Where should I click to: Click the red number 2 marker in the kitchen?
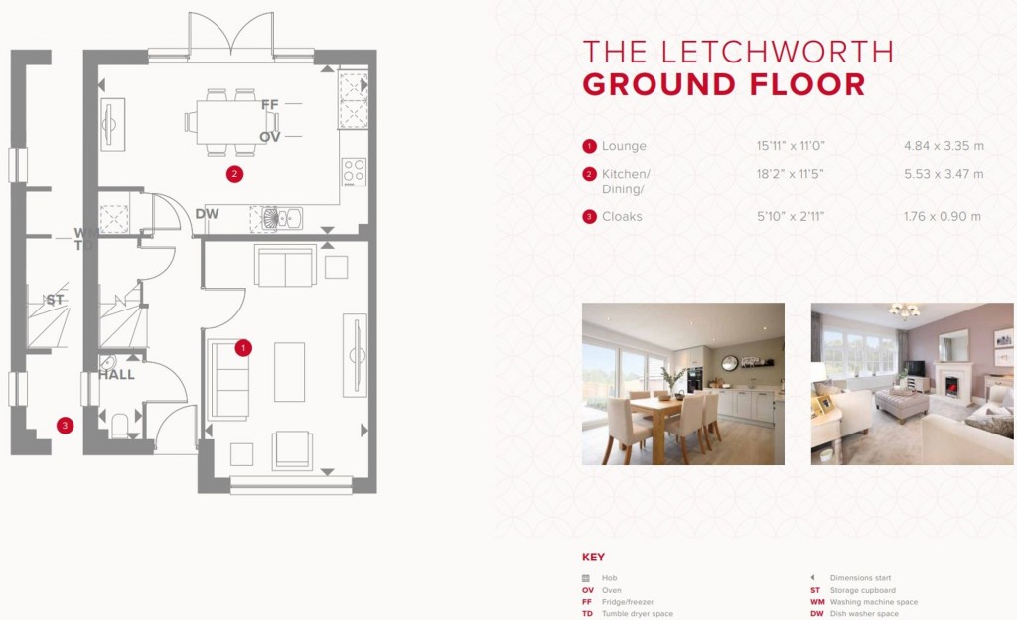[x=234, y=174]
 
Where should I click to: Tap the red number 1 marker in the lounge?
[x=243, y=348]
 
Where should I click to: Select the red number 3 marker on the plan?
[x=65, y=426]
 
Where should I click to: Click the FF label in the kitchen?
[x=270, y=104]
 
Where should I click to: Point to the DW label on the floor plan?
[x=207, y=214]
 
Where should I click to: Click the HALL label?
[x=116, y=375]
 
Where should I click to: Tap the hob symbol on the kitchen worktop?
[x=353, y=172]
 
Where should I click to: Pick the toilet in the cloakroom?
[x=119, y=425]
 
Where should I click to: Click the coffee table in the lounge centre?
[x=289, y=371]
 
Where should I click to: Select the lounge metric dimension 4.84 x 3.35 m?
[x=944, y=146]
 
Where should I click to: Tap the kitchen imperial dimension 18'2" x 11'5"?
[x=791, y=174]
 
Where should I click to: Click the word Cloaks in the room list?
[x=622, y=216]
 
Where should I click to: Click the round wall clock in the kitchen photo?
[x=730, y=363]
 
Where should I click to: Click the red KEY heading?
[x=593, y=558]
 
